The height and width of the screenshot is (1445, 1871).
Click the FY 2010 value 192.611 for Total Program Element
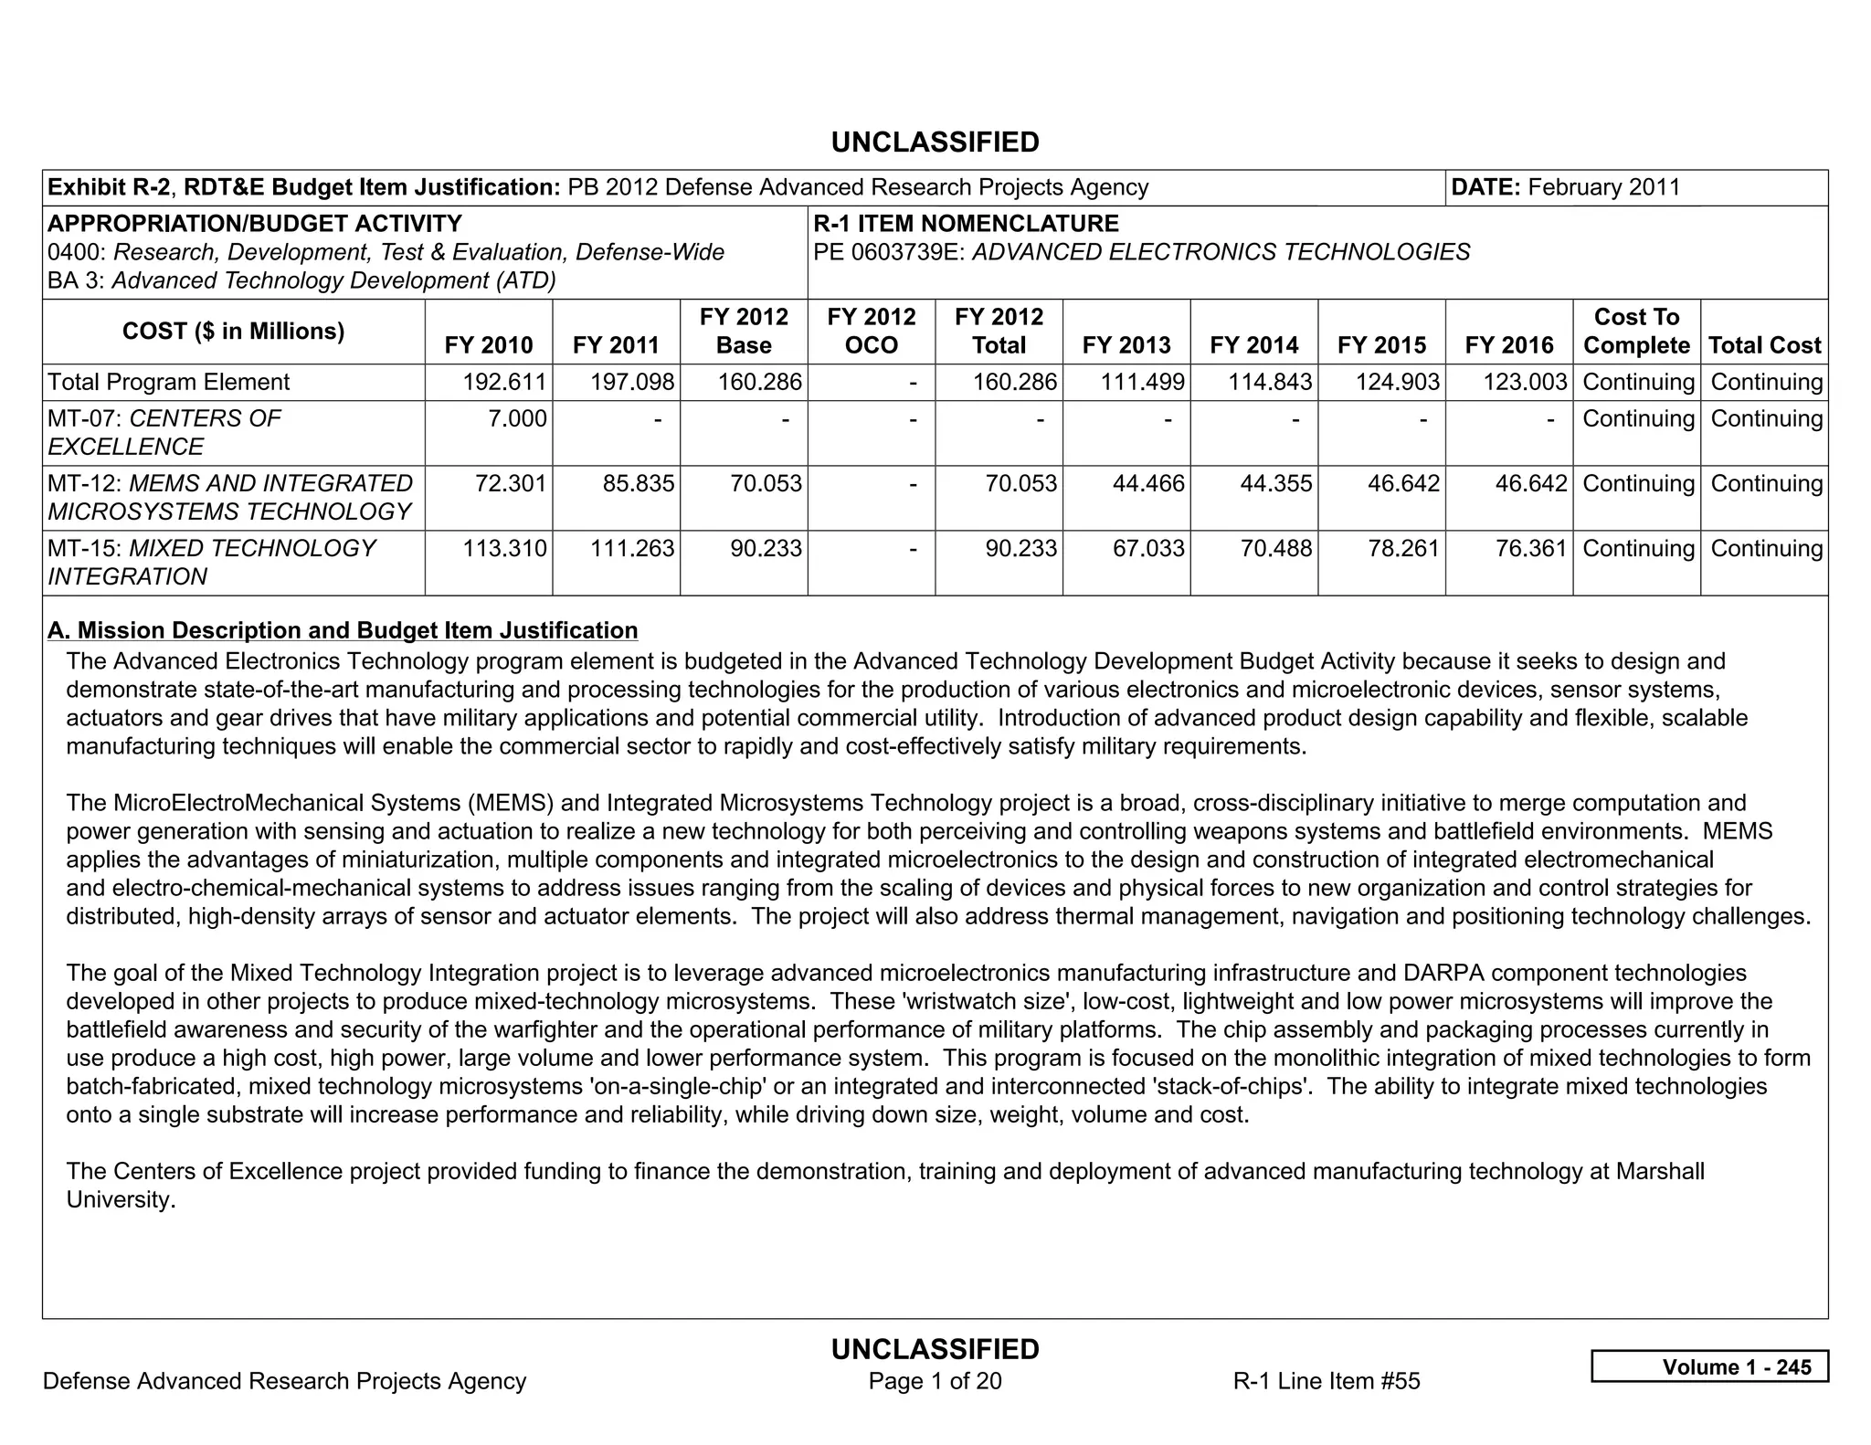[x=504, y=382]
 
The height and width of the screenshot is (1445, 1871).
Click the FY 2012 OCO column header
[x=871, y=331]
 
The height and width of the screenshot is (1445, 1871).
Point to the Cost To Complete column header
[x=1636, y=331]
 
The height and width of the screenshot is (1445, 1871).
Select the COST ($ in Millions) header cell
[x=233, y=331]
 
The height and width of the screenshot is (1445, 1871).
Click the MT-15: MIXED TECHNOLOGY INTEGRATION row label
[x=211, y=562]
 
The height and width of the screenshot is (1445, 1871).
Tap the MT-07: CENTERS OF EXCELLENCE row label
[x=164, y=432]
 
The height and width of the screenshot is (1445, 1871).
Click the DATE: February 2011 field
[x=1565, y=187]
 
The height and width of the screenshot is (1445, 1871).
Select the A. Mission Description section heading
[x=343, y=630]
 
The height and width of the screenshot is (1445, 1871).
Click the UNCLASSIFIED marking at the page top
[x=935, y=142]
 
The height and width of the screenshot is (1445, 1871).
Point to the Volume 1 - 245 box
[x=1709, y=1366]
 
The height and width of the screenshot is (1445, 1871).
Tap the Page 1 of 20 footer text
[x=935, y=1380]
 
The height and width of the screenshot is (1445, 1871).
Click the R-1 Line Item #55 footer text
[x=1326, y=1380]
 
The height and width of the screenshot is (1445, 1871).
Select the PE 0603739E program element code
[x=889, y=252]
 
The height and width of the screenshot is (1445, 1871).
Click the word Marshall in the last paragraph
[x=1659, y=1171]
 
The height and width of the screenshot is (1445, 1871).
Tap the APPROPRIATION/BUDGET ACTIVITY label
[x=255, y=224]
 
